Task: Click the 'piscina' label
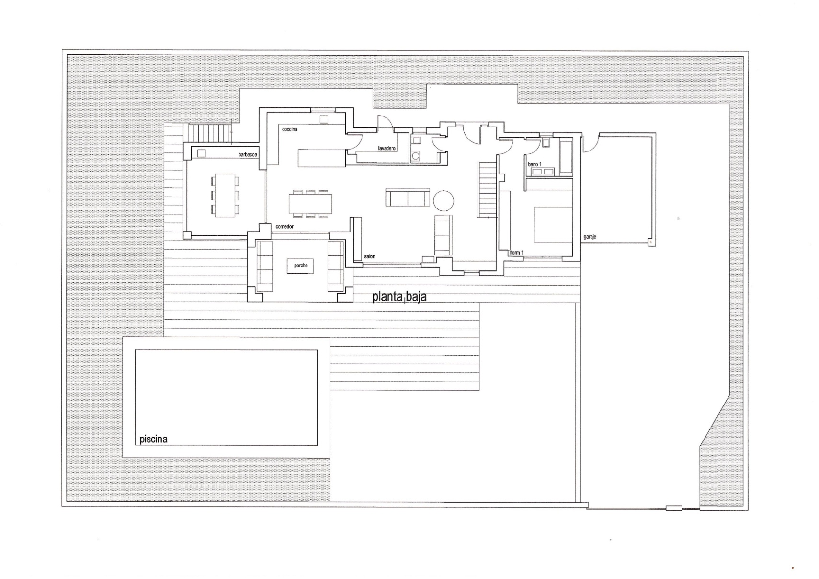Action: pyautogui.click(x=153, y=439)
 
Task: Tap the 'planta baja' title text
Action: pyautogui.click(x=399, y=297)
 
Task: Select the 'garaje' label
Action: pyautogui.click(x=590, y=237)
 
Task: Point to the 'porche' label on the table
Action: pyautogui.click(x=301, y=266)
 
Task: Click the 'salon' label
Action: pyautogui.click(x=370, y=256)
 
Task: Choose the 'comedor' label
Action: pyautogui.click(x=284, y=227)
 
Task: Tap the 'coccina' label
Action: pyautogui.click(x=290, y=129)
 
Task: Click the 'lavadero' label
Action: pyautogui.click(x=387, y=149)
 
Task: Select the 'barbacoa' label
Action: pyautogui.click(x=248, y=154)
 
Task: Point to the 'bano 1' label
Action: pyautogui.click(x=535, y=165)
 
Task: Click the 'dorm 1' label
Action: pyautogui.click(x=516, y=253)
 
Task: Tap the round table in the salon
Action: pyautogui.click(x=444, y=200)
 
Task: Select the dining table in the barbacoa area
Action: pyautogui.click(x=225, y=196)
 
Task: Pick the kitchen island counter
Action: pyautogui.click(x=321, y=158)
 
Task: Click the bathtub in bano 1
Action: pyautogui.click(x=566, y=157)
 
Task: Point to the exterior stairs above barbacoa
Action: pyautogui.click(x=207, y=133)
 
